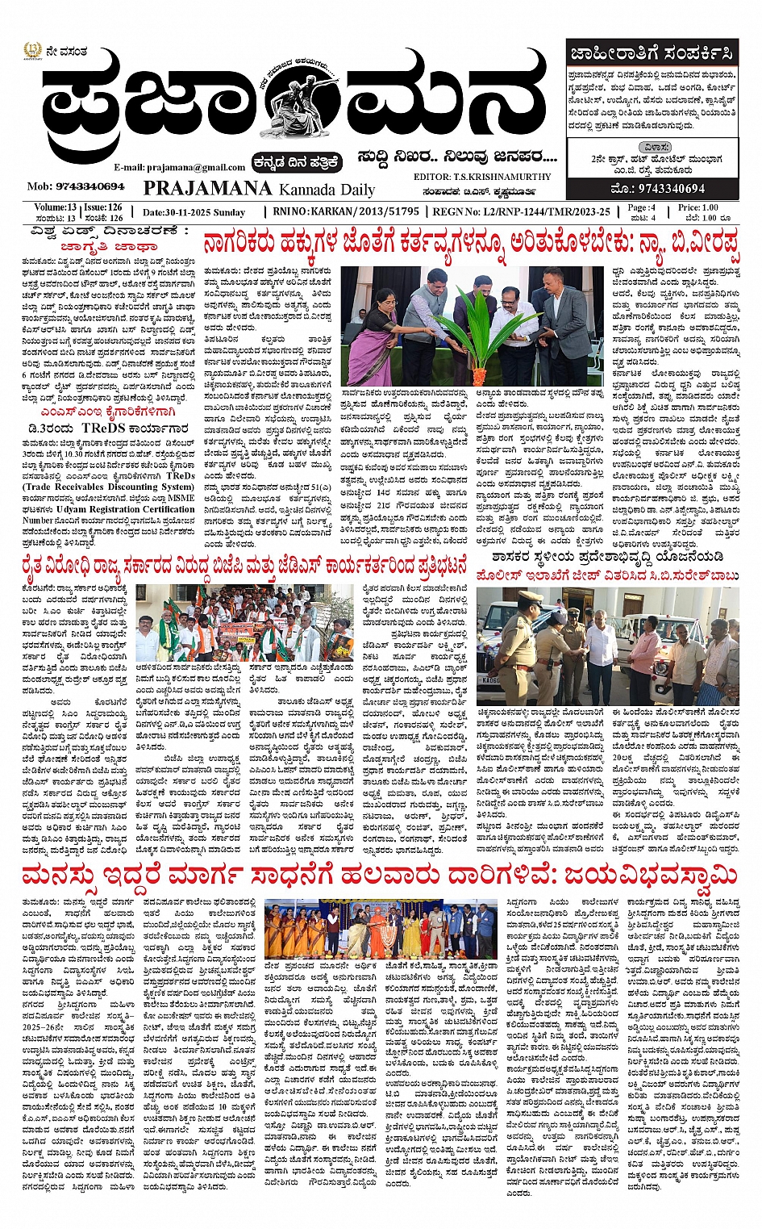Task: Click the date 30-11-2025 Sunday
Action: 194,212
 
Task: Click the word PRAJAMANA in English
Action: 208,189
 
